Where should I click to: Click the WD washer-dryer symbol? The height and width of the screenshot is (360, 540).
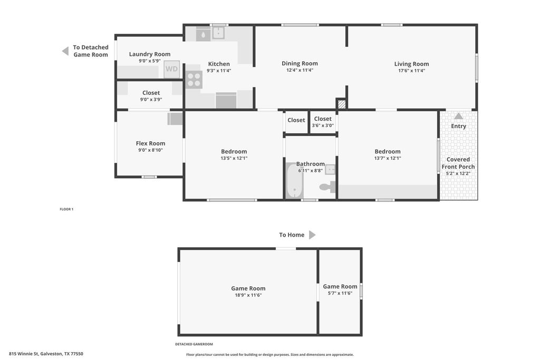(171, 69)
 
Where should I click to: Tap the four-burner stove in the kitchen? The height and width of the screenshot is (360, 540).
(194, 80)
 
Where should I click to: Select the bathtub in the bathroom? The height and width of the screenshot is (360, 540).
(294, 181)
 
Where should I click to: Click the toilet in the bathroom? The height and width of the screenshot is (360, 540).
(327, 187)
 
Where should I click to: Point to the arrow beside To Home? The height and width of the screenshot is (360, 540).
(312, 235)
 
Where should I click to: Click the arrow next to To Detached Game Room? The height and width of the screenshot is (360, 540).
(65, 51)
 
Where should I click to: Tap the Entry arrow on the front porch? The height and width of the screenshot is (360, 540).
(458, 116)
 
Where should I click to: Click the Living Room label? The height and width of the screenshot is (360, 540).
(411, 64)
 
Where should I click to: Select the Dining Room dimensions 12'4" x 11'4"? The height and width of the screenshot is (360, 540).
(300, 70)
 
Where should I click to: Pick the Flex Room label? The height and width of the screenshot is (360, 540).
(150, 143)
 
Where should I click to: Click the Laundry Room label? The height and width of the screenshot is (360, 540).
(149, 54)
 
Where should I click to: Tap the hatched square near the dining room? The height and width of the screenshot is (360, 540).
(341, 104)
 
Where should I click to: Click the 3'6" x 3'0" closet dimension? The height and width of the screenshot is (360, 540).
(323, 125)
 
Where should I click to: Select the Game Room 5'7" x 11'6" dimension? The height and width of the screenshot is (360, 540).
(340, 293)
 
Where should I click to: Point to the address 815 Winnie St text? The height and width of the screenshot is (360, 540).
(46, 354)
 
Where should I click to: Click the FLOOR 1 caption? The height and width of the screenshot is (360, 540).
(66, 209)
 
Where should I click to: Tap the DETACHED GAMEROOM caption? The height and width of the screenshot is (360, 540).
(194, 344)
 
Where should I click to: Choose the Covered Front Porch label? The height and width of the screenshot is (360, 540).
(458, 163)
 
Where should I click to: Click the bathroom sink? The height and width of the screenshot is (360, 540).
(330, 169)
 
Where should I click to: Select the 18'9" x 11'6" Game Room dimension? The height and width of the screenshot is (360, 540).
(248, 295)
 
